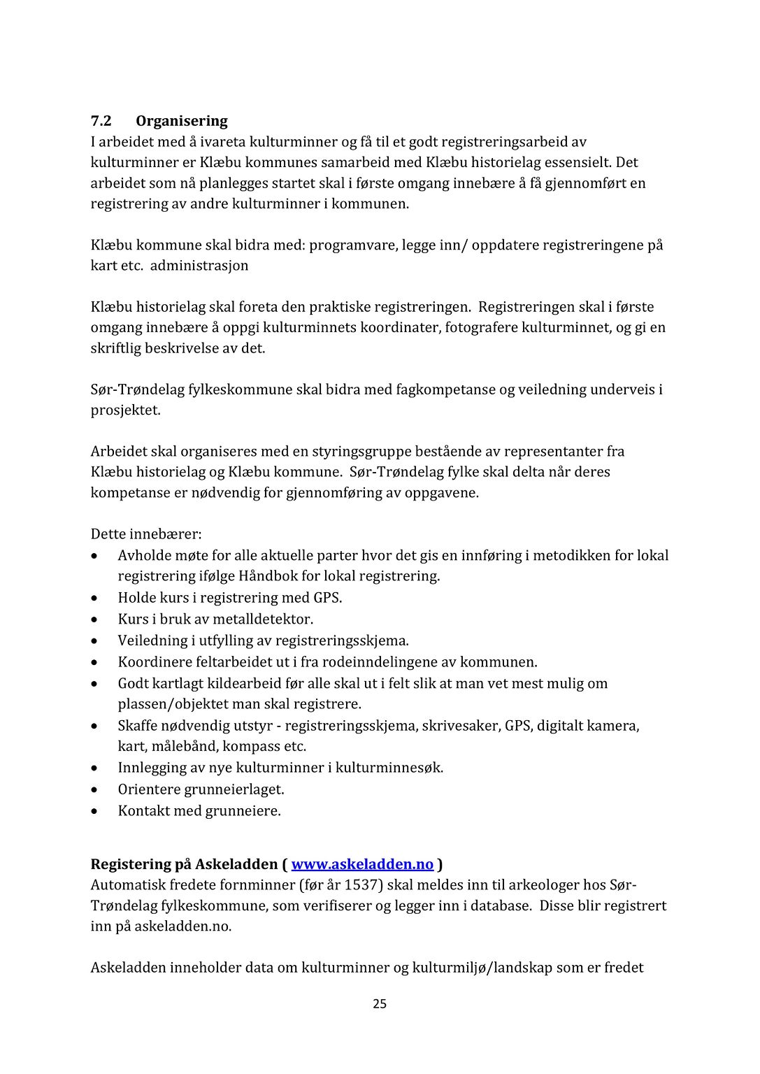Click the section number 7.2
[101, 121]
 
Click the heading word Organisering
[182, 121]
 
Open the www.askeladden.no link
[362, 864]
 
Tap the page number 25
[380, 1004]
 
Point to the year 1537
[362, 885]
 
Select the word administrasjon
[199, 266]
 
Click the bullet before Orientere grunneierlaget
[95, 789]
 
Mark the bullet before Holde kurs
[95, 599]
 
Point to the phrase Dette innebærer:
[146, 534]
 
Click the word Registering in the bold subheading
[131, 864]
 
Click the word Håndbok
[268, 577]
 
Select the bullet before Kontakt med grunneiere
[95, 811]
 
